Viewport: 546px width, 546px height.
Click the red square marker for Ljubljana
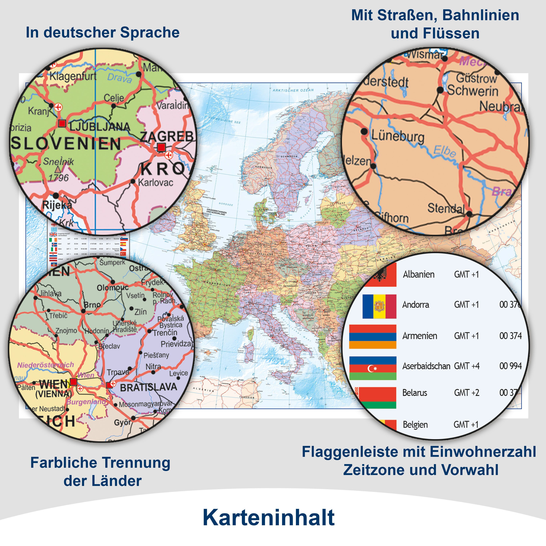point(62,123)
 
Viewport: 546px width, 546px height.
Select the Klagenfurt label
point(73,76)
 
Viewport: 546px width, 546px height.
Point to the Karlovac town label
point(155,183)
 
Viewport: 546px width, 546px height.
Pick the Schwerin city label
point(472,91)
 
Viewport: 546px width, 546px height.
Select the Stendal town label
point(446,209)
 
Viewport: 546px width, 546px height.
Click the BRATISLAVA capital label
point(148,387)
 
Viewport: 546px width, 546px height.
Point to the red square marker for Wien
point(73,382)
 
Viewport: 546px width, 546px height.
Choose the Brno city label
point(92,305)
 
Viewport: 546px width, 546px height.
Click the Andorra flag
point(379,306)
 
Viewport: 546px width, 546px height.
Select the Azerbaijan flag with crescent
point(373,368)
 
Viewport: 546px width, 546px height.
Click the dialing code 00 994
point(510,366)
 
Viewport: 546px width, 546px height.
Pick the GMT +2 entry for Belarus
point(467,393)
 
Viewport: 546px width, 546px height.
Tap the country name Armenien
point(420,336)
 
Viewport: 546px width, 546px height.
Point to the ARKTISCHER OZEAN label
point(293,90)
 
